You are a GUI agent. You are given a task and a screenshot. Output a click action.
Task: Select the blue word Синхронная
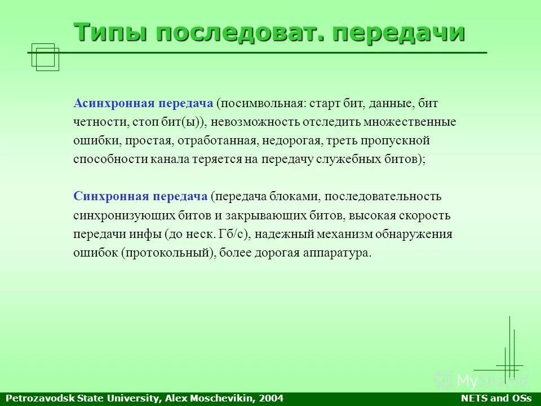(x=110, y=196)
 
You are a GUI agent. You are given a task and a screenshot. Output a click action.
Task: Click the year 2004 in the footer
(x=272, y=399)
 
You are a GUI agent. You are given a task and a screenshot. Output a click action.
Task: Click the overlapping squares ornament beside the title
(x=45, y=57)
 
